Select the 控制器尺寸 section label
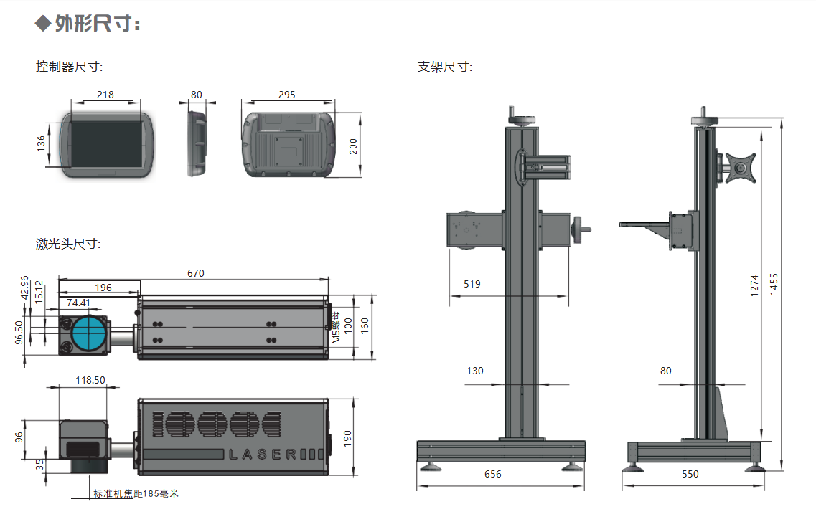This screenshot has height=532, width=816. pyautogui.click(x=70, y=67)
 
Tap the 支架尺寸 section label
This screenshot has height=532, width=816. pyautogui.click(x=445, y=67)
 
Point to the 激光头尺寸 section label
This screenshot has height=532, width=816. pyautogui.click(x=69, y=244)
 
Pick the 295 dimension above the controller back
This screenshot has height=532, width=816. pyautogui.click(x=286, y=95)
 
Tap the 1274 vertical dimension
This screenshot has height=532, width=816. pyautogui.click(x=754, y=285)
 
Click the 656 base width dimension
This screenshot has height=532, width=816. pyautogui.click(x=493, y=474)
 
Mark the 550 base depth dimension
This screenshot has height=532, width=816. pyautogui.click(x=690, y=474)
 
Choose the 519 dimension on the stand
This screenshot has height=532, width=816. pyautogui.click(x=472, y=284)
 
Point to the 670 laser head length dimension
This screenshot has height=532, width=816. pyautogui.click(x=196, y=273)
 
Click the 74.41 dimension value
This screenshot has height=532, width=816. pyautogui.click(x=79, y=303)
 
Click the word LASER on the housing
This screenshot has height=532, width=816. pyautogui.click(x=262, y=454)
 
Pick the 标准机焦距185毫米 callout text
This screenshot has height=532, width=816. pyautogui.click(x=136, y=494)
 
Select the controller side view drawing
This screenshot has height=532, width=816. pyautogui.click(x=197, y=142)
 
